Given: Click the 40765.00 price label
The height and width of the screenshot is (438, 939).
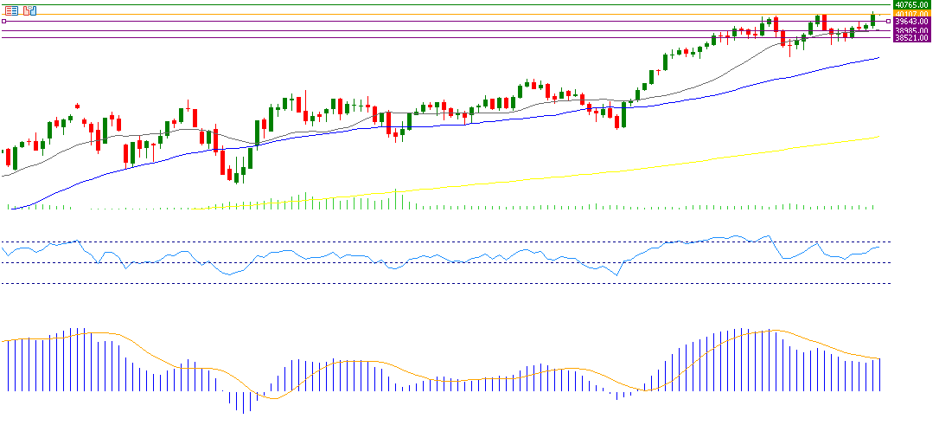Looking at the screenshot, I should [911, 4].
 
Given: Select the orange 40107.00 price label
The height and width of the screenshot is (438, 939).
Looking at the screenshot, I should [911, 13].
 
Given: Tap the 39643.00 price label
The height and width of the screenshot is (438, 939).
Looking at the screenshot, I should [911, 22].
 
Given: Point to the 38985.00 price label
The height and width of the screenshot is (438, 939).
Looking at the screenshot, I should [911, 30].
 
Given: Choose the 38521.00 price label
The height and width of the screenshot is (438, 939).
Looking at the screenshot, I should [911, 38].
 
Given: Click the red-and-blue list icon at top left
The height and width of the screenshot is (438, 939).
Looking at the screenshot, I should [12, 10].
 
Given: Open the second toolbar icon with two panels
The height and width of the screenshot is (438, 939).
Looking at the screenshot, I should [30, 10].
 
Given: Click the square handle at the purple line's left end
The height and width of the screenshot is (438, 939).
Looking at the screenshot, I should [4, 22].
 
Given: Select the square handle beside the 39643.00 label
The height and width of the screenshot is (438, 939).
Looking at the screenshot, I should [889, 22].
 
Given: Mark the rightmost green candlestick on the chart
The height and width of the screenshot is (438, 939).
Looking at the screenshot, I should [873, 19].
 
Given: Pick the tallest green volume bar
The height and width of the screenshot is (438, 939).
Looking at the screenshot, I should [395, 199].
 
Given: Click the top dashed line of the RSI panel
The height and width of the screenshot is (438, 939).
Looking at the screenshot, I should [432, 241].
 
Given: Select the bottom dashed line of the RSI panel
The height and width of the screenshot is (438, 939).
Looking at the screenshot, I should [432, 283].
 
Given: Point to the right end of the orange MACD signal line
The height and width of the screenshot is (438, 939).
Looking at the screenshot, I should [880, 358].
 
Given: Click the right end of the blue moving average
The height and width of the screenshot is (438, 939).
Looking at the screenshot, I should [878, 58].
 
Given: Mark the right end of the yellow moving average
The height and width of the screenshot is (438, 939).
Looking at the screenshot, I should [878, 137].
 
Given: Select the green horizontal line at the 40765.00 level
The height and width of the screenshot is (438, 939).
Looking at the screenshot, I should [432, 5].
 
